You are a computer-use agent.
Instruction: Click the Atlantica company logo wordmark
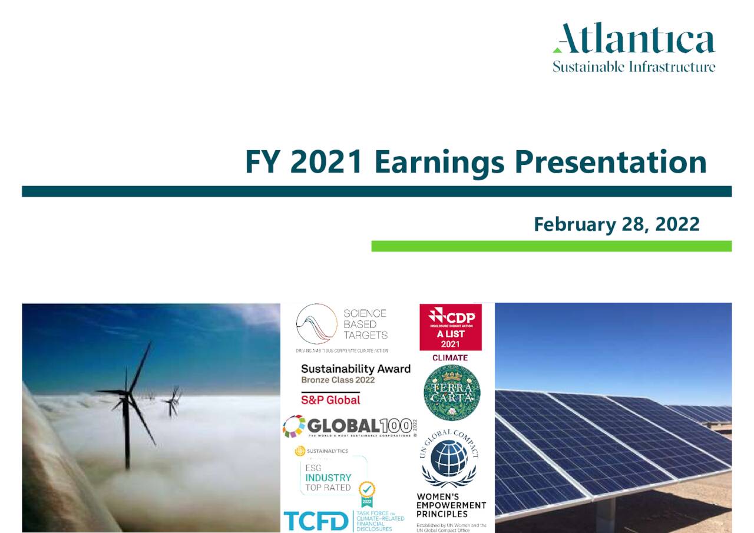click(x=634, y=39)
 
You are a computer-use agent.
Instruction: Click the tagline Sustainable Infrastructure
click(x=634, y=67)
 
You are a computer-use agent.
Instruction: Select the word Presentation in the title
click(x=610, y=162)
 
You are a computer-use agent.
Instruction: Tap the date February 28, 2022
click(x=616, y=224)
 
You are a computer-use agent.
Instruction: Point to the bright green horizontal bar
click(x=551, y=246)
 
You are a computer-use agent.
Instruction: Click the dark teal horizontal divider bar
click(x=377, y=191)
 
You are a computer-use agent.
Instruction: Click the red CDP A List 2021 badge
click(x=450, y=327)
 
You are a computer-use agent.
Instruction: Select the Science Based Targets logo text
click(x=365, y=324)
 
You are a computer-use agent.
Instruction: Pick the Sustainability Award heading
click(x=356, y=369)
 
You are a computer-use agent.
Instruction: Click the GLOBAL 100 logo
click(x=349, y=426)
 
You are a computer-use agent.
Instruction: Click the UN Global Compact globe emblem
click(x=449, y=458)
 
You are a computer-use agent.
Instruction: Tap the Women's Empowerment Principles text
click(x=451, y=505)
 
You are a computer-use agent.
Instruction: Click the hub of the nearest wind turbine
click(x=127, y=392)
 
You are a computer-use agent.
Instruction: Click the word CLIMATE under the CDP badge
click(x=450, y=357)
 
